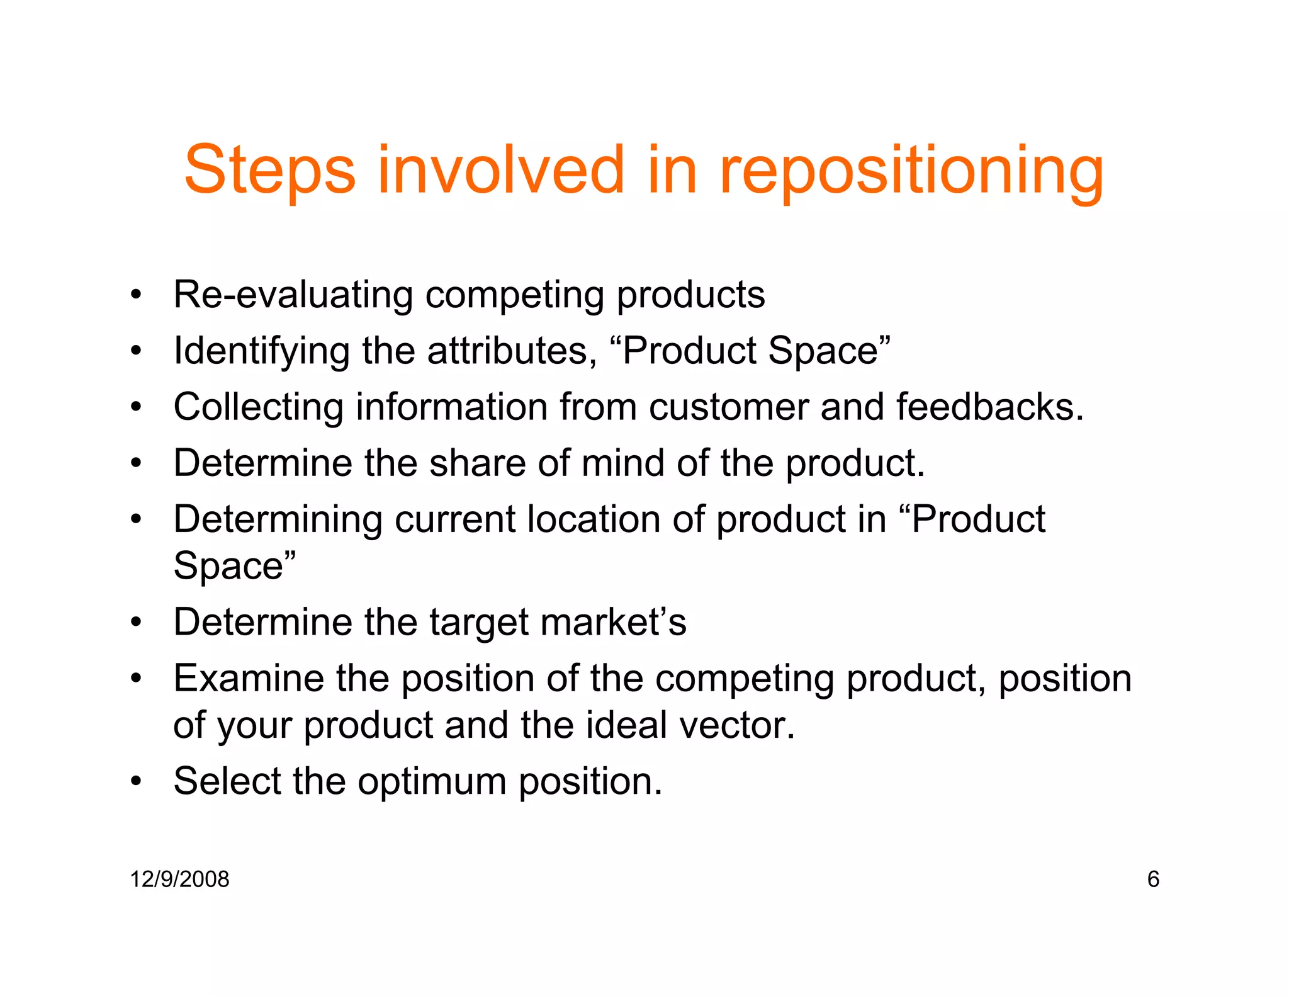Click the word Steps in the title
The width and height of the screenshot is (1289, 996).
269,170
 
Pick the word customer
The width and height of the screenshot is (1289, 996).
728,407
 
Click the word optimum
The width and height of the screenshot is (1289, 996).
432,781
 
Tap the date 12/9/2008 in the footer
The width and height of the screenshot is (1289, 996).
179,879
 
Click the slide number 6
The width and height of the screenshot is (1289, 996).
1153,879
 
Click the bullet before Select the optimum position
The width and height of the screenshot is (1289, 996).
136,781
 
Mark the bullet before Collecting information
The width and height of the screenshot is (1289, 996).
136,407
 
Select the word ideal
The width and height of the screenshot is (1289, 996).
626,725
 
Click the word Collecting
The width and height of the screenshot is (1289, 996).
259,407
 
